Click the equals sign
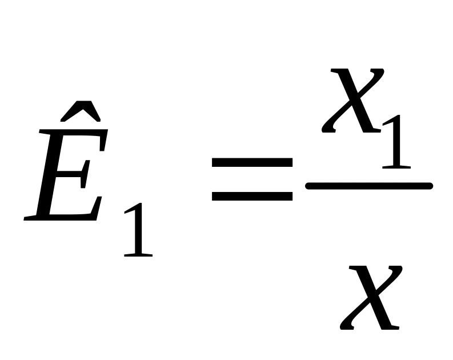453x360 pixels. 252,179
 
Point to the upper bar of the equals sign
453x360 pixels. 252,162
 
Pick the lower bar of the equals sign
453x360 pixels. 252,197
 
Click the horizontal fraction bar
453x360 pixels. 368,185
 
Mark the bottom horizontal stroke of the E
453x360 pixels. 63,217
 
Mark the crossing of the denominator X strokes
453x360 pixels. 372,297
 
